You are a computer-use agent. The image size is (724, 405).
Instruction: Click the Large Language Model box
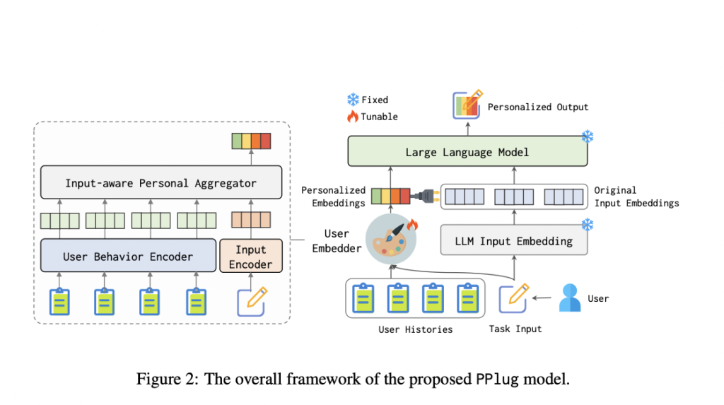467,152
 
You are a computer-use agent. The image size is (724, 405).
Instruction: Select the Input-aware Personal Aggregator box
160,183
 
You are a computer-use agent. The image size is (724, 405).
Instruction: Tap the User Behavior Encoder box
128,256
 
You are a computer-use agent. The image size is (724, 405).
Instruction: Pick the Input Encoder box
251,257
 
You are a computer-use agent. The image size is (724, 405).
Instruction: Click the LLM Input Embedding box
513,241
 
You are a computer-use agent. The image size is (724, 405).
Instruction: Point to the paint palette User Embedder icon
391,239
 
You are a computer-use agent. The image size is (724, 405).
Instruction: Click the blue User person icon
569,298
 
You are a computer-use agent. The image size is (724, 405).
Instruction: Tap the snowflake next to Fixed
352,100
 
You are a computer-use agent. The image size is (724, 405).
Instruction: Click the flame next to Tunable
352,117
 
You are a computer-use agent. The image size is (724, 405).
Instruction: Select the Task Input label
515,329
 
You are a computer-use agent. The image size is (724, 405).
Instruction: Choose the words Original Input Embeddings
636,196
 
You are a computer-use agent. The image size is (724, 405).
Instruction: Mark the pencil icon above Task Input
514,298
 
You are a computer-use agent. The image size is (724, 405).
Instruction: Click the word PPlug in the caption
492,379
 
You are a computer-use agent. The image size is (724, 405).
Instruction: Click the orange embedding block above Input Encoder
250,221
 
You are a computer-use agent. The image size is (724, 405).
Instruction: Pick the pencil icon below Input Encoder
251,301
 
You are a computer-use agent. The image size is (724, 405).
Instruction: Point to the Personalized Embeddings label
333,196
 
